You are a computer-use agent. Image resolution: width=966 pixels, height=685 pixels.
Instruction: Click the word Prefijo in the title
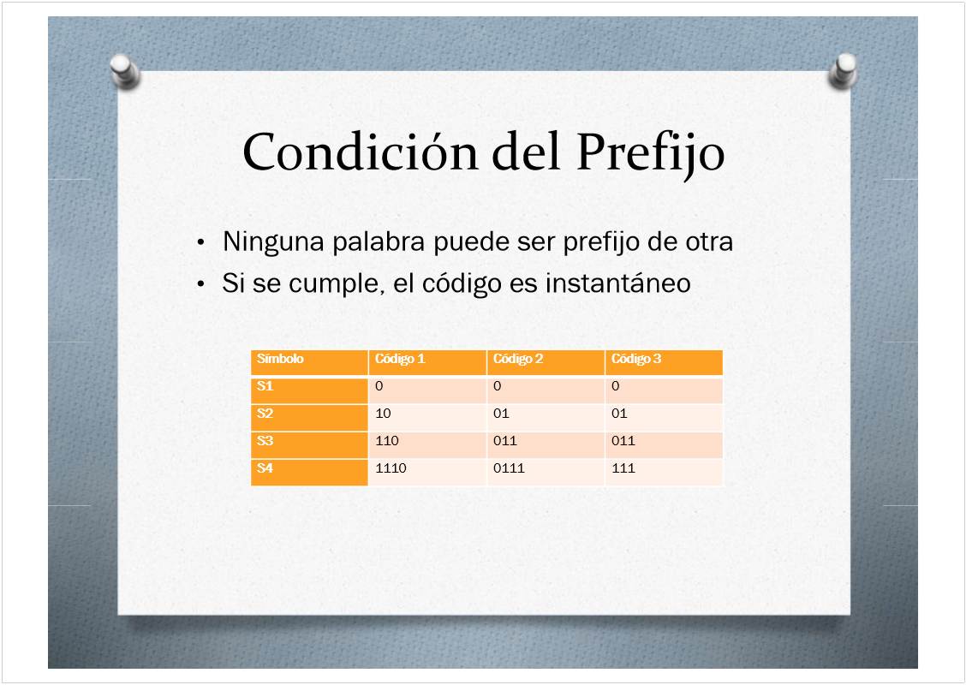[651, 152]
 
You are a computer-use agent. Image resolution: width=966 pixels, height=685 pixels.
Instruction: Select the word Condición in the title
[361, 152]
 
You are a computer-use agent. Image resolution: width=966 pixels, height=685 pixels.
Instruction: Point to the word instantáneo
[618, 283]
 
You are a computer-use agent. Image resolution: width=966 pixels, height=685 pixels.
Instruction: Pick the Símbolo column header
[280, 359]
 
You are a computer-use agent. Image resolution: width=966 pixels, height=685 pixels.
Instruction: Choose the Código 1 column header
[400, 359]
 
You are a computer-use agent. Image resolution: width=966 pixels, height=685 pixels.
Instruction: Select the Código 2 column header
[518, 359]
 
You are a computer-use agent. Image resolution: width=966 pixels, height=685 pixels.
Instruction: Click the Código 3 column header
[636, 359]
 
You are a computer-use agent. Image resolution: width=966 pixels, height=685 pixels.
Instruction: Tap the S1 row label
[265, 386]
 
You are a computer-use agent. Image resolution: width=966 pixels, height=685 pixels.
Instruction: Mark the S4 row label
[265, 468]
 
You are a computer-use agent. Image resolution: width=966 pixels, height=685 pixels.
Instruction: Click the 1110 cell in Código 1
[391, 468]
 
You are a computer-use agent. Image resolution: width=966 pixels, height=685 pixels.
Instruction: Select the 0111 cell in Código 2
[509, 468]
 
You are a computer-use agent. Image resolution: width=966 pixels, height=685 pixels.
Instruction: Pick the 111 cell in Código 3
[623, 468]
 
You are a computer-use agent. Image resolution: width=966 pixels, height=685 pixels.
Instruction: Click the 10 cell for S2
[383, 414]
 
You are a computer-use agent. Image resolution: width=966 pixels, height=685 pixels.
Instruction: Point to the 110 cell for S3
[387, 441]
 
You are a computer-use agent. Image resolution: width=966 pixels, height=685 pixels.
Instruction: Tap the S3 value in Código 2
[505, 441]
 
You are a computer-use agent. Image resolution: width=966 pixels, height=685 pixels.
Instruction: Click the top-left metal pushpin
[125, 71]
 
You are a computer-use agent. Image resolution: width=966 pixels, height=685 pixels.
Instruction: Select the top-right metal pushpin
[843, 71]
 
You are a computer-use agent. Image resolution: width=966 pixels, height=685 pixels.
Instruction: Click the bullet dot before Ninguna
[200, 242]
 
